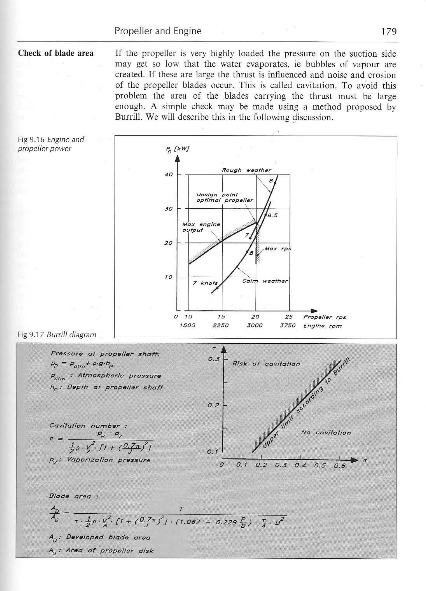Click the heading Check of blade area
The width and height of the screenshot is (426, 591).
click(x=56, y=53)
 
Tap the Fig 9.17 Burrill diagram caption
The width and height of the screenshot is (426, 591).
click(x=57, y=334)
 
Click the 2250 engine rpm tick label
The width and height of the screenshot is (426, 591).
click(x=221, y=326)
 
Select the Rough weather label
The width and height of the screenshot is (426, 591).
click(x=246, y=170)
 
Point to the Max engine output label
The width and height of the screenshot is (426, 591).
click(x=201, y=227)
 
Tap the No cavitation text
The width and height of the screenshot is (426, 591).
click(x=326, y=433)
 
